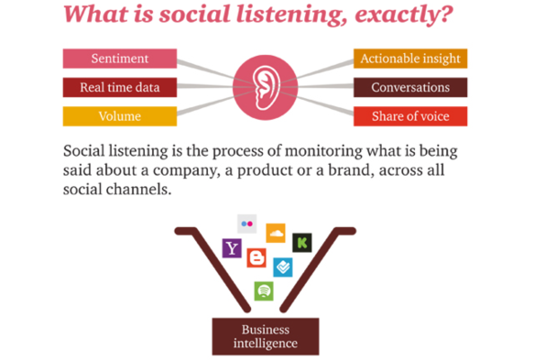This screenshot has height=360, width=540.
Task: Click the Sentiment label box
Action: tap(119, 58)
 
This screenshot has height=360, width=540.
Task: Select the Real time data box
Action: tap(119, 87)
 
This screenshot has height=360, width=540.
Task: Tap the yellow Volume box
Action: tap(119, 116)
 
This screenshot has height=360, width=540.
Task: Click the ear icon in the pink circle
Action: tap(265, 86)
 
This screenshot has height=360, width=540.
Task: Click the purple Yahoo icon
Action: tap(232, 247)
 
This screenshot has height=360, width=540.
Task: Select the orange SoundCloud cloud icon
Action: tap(275, 233)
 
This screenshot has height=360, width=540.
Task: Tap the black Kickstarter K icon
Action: tap(302, 242)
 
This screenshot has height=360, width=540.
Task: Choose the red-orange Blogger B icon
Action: tap(257, 259)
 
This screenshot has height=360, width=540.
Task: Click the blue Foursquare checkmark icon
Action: tap(283, 266)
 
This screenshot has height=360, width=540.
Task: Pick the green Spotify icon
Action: tap(264, 291)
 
